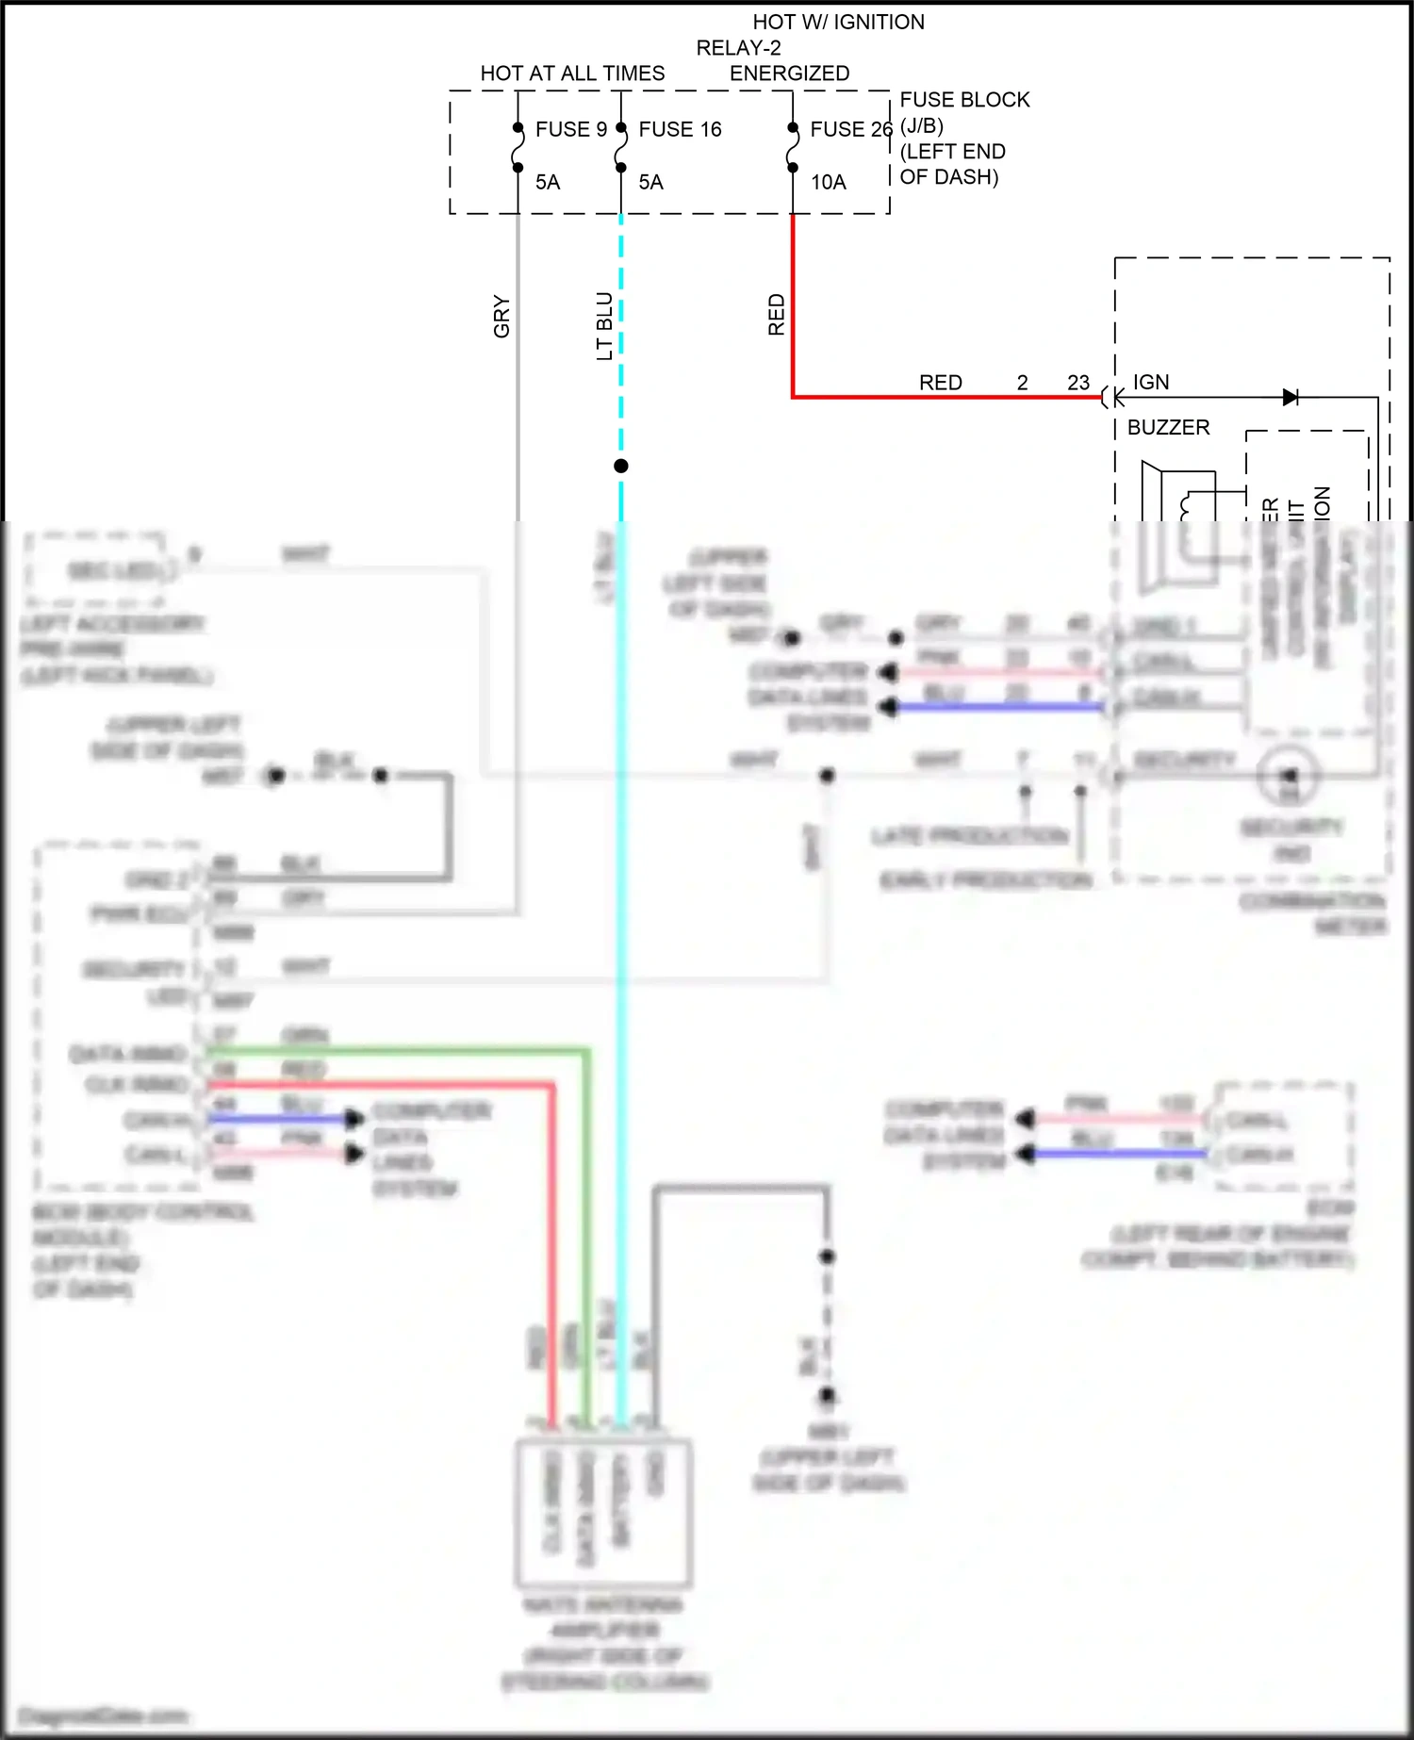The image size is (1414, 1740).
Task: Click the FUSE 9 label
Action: (570, 129)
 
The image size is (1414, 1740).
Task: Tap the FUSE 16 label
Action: (680, 129)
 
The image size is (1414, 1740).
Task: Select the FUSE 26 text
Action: (850, 129)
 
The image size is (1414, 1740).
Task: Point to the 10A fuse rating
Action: (828, 182)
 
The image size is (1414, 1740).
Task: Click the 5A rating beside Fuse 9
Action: (548, 182)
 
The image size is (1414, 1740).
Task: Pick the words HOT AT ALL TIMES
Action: (572, 74)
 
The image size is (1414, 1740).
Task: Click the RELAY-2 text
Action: (738, 48)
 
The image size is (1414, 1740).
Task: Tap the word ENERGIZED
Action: (789, 74)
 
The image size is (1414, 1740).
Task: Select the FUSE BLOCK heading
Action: (964, 100)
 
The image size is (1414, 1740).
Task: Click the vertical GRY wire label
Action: (501, 317)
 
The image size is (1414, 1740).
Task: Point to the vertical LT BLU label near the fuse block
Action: (604, 326)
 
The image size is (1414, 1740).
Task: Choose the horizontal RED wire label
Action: (940, 383)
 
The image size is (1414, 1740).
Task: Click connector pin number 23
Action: (1077, 383)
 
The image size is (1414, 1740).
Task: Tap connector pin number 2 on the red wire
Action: (1022, 383)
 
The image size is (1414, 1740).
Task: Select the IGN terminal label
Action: (1150, 382)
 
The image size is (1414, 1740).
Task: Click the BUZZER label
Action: (1168, 427)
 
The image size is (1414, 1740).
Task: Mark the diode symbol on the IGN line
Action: (1291, 398)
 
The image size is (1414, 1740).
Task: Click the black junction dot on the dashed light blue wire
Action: (620, 466)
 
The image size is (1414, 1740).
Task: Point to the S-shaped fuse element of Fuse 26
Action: (793, 148)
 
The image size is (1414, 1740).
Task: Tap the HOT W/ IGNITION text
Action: (838, 22)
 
